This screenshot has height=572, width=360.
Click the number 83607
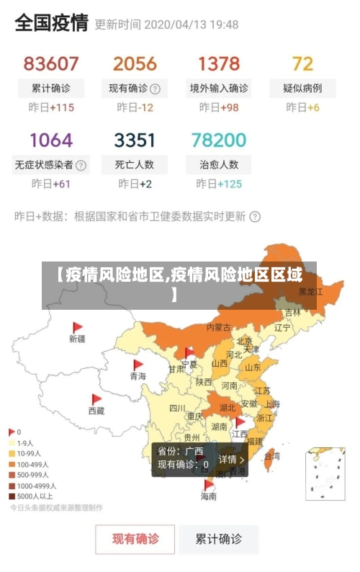(x=50, y=63)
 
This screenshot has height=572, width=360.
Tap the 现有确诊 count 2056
(x=135, y=63)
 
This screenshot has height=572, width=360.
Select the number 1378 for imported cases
(x=219, y=63)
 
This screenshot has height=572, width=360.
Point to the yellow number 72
(x=302, y=63)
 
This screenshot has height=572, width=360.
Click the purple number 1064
(x=50, y=139)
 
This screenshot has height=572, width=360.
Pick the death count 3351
(x=135, y=139)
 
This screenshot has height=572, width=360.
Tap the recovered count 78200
(x=219, y=139)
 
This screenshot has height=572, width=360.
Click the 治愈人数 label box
(x=219, y=164)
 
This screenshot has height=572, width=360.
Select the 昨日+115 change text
(x=51, y=108)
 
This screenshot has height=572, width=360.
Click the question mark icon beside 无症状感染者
(x=81, y=165)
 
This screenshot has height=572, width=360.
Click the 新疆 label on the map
(x=77, y=338)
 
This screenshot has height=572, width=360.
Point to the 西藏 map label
(x=96, y=411)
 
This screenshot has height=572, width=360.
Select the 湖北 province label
(x=228, y=407)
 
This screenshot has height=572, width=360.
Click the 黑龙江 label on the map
(x=310, y=292)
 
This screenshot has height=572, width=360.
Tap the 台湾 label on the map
(x=272, y=455)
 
